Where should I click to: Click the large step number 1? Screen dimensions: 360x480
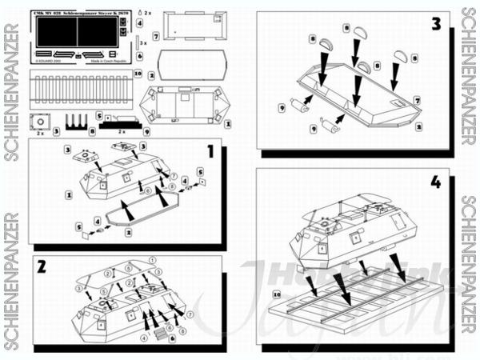(210, 151)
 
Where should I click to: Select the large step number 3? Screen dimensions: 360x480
(436, 23)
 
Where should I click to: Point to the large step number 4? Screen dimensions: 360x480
(435, 182)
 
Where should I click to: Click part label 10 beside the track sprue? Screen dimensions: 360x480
(138, 74)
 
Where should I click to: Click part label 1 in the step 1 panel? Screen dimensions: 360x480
(70, 194)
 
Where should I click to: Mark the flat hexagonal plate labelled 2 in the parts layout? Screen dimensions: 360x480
(185, 65)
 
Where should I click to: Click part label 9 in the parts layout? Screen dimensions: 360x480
(147, 130)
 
